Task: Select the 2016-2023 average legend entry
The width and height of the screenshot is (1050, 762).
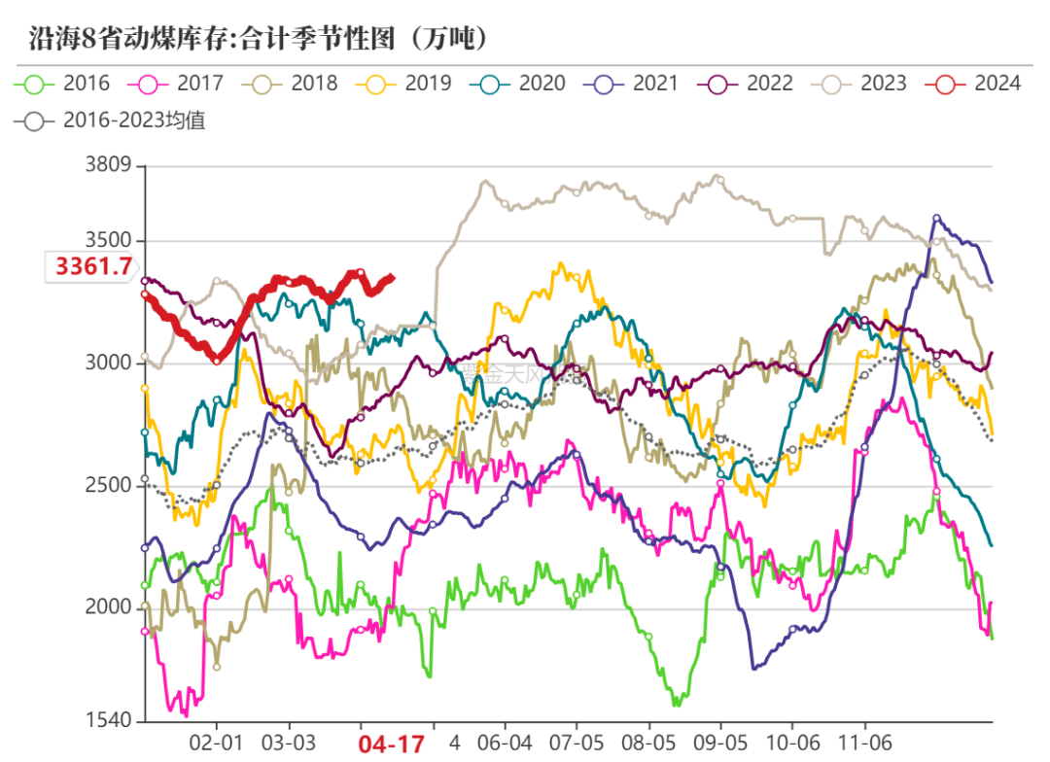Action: coord(111,122)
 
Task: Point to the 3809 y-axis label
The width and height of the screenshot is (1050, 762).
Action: coord(107,166)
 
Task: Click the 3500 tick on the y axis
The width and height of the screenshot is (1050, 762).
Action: coord(107,241)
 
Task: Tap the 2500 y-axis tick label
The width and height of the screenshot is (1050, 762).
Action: coord(107,485)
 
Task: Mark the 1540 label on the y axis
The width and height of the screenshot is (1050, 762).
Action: coord(107,720)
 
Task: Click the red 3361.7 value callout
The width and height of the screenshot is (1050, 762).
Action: coord(93,266)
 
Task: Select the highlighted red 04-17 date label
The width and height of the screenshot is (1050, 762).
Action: coord(392,745)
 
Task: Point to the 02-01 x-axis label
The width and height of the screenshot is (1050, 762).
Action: coord(216,744)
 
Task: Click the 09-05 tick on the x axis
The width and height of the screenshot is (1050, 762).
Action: coord(720,744)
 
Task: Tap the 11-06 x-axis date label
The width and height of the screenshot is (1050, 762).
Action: coord(865,744)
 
